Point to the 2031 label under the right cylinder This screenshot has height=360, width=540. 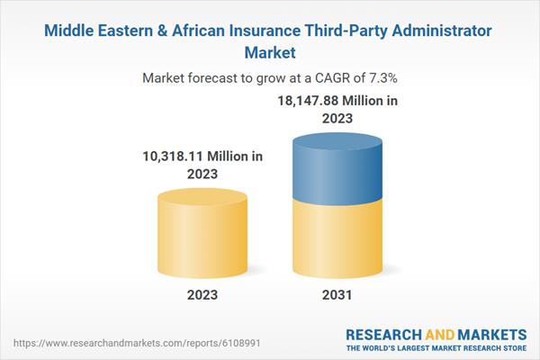pos(337,295)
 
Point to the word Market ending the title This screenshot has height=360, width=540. pos(270,51)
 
